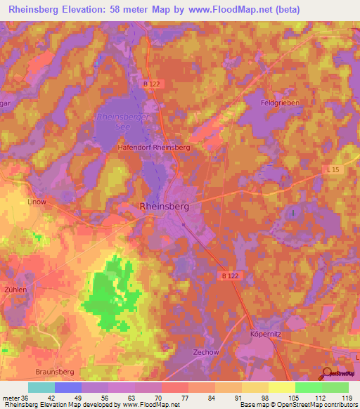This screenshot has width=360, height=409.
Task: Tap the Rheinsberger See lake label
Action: tap(122, 123)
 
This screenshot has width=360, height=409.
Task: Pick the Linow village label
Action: tap(36, 202)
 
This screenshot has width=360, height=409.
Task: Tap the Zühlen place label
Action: tap(15, 289)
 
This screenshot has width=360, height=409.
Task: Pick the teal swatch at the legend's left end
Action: tap(41, 387)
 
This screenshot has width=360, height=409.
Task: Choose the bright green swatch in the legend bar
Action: tap(308, 387)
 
